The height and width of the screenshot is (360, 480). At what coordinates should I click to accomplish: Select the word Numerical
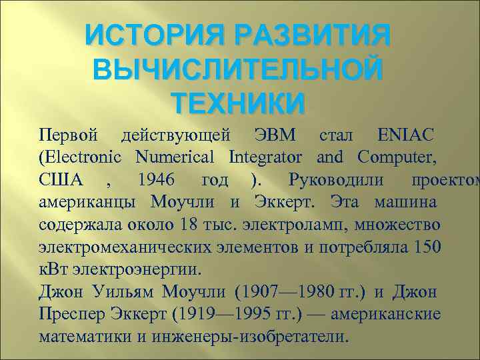point(175,158)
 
